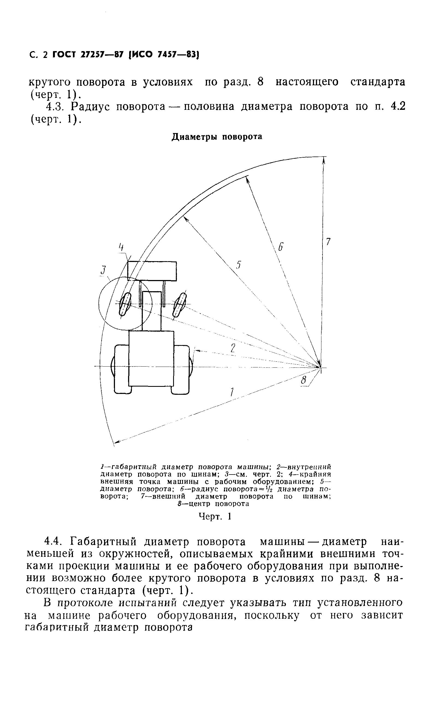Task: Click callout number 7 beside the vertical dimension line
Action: coord(328,241)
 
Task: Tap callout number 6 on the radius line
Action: coord(280,247)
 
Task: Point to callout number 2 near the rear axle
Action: coord(233,348)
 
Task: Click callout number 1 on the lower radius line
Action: coord(232,392)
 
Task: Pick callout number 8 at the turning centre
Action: coord(304,380)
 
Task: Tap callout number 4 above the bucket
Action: coord(122,247)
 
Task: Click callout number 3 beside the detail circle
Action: coord(102,270)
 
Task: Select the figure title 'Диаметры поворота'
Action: coord(217,137)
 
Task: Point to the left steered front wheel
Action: coord(125,304)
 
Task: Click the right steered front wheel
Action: coord(179,305)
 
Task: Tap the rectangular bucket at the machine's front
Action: coord(152,271)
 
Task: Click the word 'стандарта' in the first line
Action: coord(378,82)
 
